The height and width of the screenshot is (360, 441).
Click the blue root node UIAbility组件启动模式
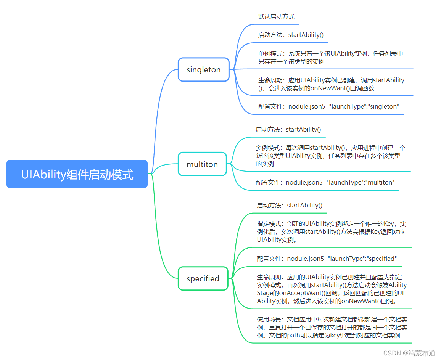(x=77, y=174)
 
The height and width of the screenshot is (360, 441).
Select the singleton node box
(x=203, y=70)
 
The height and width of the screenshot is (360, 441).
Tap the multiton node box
(x=202, y=164)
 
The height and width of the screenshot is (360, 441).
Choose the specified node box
(x=203, y=279)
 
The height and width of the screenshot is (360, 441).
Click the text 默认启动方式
(x=276, y=17)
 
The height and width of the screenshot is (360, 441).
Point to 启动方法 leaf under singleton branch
(x=291, y=35)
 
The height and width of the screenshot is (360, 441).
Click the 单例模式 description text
(x=330, y=58)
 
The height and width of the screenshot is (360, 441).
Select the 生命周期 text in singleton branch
(x=331, y=84)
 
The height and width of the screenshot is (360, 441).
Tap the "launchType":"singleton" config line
(x=328, y=107)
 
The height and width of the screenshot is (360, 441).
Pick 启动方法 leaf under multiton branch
(x=288, y=130)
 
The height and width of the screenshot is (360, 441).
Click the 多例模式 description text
(x=330, y=156)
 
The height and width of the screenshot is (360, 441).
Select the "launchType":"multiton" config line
(x=325, y=183)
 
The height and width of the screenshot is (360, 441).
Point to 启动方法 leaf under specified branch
(x=289, y=206)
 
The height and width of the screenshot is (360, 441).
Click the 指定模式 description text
(x=331, y=232)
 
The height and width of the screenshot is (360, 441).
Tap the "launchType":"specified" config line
(x=327, y=259)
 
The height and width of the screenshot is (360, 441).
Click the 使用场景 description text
(x=332, y=328)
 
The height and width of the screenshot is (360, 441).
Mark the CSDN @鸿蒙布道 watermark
(x=409, y=353)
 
